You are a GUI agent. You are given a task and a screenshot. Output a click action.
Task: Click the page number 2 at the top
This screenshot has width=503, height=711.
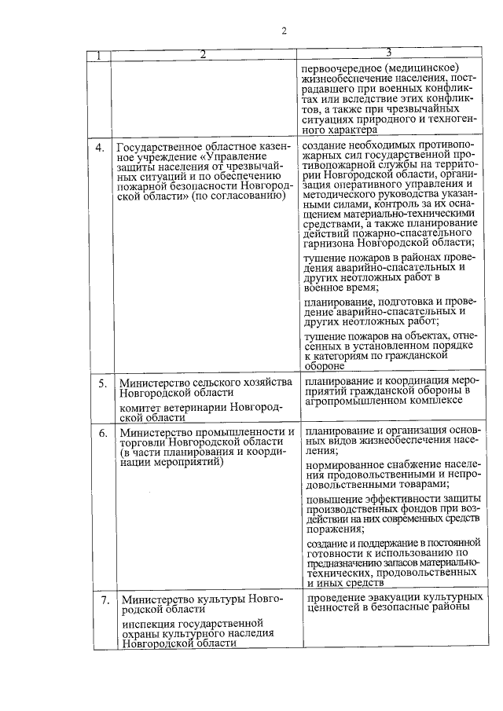[285, 31]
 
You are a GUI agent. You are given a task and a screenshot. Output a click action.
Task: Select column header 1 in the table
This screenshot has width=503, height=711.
[99, 56]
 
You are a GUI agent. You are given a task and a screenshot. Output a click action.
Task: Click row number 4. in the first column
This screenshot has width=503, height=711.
[100, 147]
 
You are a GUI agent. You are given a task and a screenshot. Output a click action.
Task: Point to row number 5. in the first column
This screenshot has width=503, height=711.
[102, 383]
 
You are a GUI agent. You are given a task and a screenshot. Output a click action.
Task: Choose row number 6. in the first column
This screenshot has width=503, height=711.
[102, 433]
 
